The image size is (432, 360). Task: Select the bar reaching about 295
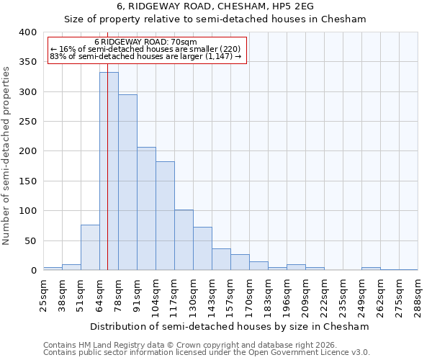point(127,183)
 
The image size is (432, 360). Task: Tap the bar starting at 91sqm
point(146,209)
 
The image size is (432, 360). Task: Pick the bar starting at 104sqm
point(165,216)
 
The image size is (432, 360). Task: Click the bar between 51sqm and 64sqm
point(90,248)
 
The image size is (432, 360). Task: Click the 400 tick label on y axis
point(27,32)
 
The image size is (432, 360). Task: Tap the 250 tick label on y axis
point(27,122)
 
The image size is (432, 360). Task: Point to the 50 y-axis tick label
point(30,240)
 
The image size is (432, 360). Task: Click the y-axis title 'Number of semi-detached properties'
point(6,155)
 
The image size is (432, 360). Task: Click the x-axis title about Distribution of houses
point(230,326)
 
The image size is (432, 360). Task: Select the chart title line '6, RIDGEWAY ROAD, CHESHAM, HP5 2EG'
point(215,6)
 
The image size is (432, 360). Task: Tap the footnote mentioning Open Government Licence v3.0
point(206,352)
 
